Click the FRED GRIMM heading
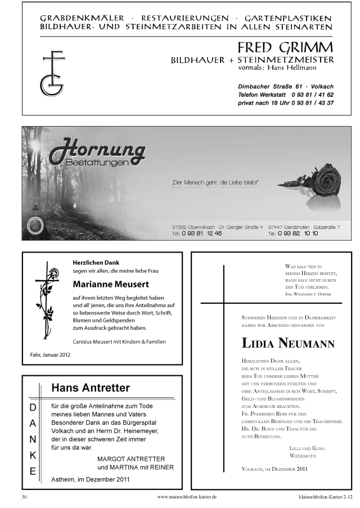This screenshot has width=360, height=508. click(285, 47)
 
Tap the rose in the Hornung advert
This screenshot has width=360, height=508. click(325, 181)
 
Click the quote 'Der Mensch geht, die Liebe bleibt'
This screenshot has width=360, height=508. click(214, 182)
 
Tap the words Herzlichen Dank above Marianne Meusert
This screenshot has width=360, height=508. click(96, 262)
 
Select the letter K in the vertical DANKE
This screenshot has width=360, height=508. click(33, 455)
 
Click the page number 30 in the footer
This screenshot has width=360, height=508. click(24, 497)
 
